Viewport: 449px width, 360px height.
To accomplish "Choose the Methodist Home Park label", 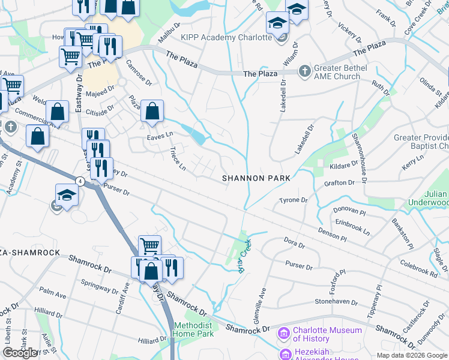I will coord(193,329).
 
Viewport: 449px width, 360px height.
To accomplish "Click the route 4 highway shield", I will coord(79,181).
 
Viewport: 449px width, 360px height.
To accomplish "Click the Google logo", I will coord(20,353).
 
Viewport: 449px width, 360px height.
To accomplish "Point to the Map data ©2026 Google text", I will coord(411,355).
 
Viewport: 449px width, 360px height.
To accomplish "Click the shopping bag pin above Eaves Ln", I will coord(152,111).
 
